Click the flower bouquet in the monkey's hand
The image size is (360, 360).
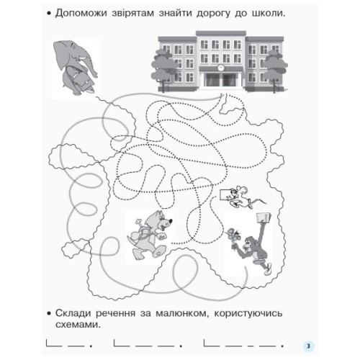(x=233, y=232)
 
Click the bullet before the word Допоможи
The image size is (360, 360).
(x=47, y=14)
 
